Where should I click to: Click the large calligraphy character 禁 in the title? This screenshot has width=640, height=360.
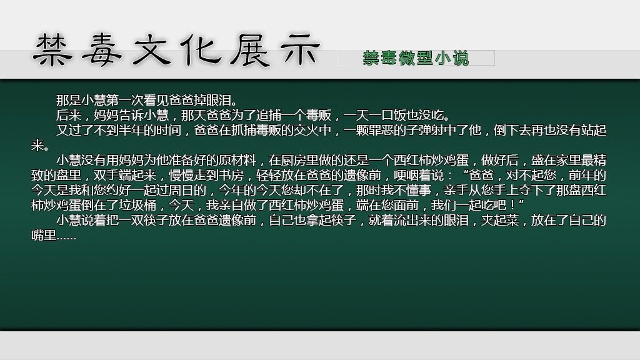click(x=52, y=50)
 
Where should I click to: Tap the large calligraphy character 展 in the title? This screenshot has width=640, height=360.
click(x=251, y=50)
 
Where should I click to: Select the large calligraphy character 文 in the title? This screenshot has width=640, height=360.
click(x=152, y=50)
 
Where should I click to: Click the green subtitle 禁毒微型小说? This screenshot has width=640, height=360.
click(x=416, y=58)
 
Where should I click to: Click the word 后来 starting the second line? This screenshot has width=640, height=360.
click(x=69, y=115)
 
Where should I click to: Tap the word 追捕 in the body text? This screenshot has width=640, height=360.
click(x=269, y=115)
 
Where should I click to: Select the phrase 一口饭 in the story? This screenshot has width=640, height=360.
click(x=387, y=115)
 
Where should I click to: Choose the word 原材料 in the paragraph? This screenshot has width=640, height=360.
click(x=237, y=160)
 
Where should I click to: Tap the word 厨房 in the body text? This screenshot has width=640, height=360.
click(x=294, y=160)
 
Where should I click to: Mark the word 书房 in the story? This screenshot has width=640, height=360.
click(x=231, y=175)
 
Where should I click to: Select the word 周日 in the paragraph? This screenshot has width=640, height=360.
click(x=181, y=190)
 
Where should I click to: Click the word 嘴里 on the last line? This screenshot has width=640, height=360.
click(x=44, y=236)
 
